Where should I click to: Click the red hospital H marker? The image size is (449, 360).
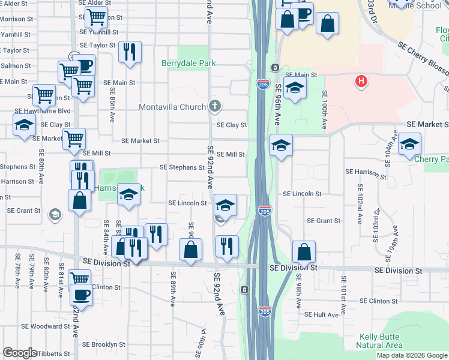click(361, 81)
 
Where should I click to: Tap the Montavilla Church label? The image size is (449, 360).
click(173, 107)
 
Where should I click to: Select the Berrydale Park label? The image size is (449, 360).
click(188, 63)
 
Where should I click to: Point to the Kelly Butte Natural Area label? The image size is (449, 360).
click(379, 341)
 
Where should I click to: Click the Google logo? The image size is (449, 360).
click(20, 353)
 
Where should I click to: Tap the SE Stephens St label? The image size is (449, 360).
click(182, 168)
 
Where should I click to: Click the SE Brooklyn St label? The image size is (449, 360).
click(104, 345)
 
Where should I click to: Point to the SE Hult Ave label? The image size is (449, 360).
click(322, 314)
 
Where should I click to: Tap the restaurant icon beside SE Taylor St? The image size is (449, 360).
click(128, 52)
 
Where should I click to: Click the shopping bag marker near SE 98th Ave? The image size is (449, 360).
click(304, 252)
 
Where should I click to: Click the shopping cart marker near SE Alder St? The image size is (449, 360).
click(96, 19)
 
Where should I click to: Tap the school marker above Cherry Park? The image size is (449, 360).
click(409, 144)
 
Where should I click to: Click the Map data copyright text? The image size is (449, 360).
click(411, 355)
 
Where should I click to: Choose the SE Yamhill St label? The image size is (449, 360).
click(98, 32)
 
